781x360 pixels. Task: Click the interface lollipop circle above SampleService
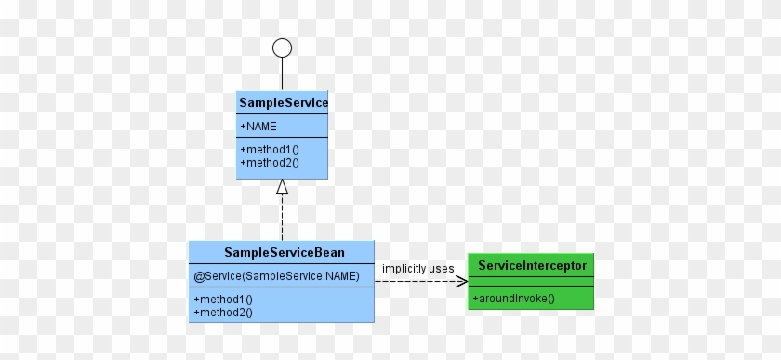282,48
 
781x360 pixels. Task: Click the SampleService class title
283,102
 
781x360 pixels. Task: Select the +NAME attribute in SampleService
258,126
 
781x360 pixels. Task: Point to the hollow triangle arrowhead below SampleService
282,187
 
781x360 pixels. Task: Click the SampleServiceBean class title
281,252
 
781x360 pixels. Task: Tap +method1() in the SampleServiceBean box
223,300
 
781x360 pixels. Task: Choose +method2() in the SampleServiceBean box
223,313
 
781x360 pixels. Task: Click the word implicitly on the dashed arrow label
404,269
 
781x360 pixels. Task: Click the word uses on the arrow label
442,269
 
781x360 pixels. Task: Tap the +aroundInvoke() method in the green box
513,299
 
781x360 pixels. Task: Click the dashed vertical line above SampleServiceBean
282,219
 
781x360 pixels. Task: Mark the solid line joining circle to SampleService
282,74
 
